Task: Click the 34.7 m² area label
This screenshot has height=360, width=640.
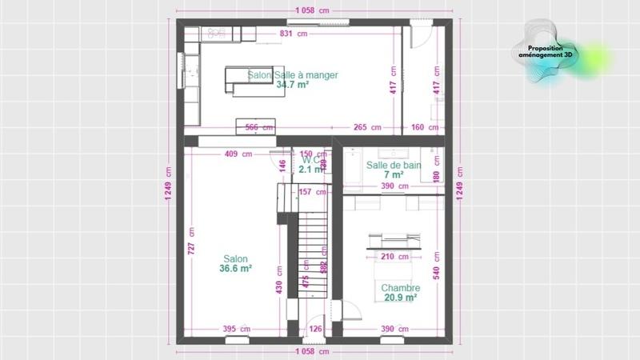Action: point(292,84)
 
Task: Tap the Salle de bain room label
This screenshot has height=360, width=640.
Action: point(394,165)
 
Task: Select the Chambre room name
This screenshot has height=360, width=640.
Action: point(399,288)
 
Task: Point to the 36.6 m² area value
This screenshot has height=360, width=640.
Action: point(235,270)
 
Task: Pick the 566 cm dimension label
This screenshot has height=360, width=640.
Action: point(258,127)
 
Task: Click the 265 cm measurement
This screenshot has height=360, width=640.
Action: point(366,127)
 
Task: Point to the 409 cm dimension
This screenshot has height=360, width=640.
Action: point(238,154)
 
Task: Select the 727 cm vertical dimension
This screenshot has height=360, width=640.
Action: point(191,249)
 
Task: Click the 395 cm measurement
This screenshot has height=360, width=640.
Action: point(235,329)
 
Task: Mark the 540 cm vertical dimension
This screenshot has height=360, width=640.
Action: point(437,263)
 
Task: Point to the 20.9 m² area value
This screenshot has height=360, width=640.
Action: point(399,298)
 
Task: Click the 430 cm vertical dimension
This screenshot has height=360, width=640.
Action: point(279,287)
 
